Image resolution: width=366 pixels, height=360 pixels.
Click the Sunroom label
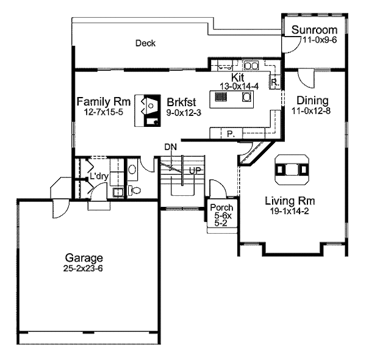pyautogui.click(x=314, y=31)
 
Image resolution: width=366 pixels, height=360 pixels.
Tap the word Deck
pyautogui.click(x=145, y=43)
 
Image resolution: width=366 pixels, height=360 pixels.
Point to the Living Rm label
pyautogui.click(x=290, y=200)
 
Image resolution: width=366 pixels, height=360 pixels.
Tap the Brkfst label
pyautogui.click(x=175, y=101)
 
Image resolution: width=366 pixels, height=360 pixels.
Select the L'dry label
pyautogui.click(x=99, y=176)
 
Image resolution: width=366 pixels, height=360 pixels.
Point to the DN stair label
pyautogui.click(x=170, y=147)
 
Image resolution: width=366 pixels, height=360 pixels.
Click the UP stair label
pyautogui.click(x=195, y=170)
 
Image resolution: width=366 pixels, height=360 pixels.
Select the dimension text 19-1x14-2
pyautogui.click(x=290, y=211)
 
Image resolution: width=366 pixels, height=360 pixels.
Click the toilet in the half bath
pyautogui.click(x=135, y=190)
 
